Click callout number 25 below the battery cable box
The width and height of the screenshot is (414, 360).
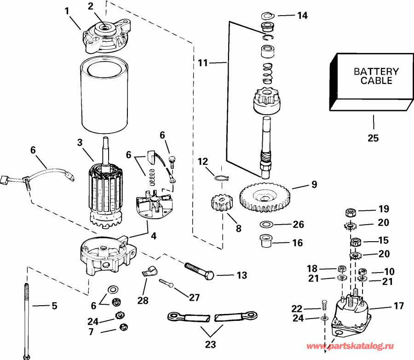[x=373, y=138]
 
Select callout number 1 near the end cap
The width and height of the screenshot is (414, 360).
[x=69, y=10]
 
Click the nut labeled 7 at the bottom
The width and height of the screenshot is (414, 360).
[x=122, y=327]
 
